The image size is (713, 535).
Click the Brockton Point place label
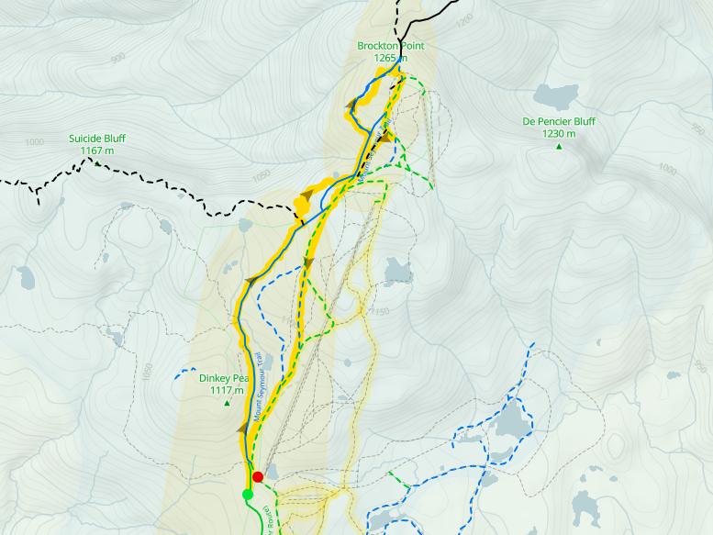point(392,46)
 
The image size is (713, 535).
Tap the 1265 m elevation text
point(392,58)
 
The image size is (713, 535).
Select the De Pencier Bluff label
point(558,121)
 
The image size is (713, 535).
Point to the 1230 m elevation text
point(558,133)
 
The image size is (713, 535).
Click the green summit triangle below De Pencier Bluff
point(558,145)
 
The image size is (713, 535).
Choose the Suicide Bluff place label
point(96,139)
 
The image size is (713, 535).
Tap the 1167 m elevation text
point(96,150)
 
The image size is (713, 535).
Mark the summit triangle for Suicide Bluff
point(96,162)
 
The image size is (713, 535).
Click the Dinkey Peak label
point(224,378)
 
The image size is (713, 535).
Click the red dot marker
point(258,476)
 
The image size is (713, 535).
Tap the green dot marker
point(247,495)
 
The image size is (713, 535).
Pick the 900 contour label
point(118,58)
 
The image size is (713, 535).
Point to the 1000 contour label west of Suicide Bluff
point(35,142)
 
